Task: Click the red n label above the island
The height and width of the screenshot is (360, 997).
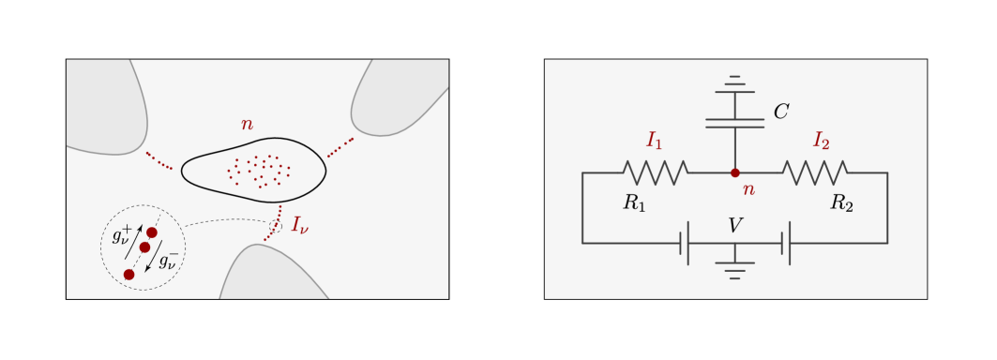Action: coord(247,125)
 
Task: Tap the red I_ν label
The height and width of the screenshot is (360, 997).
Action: coord(299,225)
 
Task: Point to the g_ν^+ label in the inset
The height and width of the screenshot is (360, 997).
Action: coord(122,234)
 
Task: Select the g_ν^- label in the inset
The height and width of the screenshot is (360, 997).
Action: coord(168,260)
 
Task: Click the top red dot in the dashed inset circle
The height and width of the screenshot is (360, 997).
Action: coord(152,232)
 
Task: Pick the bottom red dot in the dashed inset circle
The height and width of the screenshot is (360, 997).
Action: coord(129,274)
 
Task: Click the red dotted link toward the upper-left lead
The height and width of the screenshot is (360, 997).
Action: coord(159,161)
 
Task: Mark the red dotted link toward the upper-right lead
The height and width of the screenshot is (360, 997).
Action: coord(340,148)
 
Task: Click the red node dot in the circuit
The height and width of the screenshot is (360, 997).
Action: coord(735,172)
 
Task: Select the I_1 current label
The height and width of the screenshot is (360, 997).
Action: coord(655,142)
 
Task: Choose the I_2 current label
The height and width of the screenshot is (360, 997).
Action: coord(821,142)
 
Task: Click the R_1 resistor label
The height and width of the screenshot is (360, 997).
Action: coord(635,202)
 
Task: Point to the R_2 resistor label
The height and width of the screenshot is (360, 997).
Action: coord(842,202)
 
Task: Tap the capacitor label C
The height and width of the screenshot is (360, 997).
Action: coord(780,112)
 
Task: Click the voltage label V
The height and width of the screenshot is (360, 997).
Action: coord(735,225)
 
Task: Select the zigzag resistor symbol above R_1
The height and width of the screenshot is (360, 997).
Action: coord(655,172)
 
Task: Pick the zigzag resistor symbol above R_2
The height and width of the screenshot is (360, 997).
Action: coord(815,172)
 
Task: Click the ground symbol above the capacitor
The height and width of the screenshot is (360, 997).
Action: coord(734,83)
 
